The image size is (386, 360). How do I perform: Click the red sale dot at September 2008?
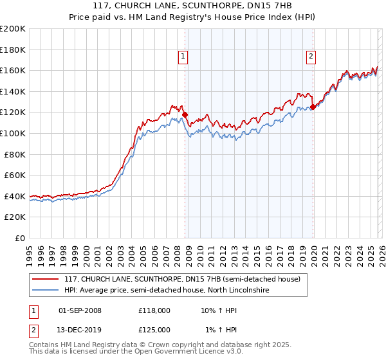[185, 115]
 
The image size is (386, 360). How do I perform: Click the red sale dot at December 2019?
[313, 107]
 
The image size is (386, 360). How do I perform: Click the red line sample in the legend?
[46, 279]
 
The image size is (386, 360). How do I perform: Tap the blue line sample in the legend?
[46, 291]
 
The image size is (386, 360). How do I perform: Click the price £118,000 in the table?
[154, 310]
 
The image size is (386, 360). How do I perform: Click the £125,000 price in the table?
[154, 329]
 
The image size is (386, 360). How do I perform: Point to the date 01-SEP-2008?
[80, 310]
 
